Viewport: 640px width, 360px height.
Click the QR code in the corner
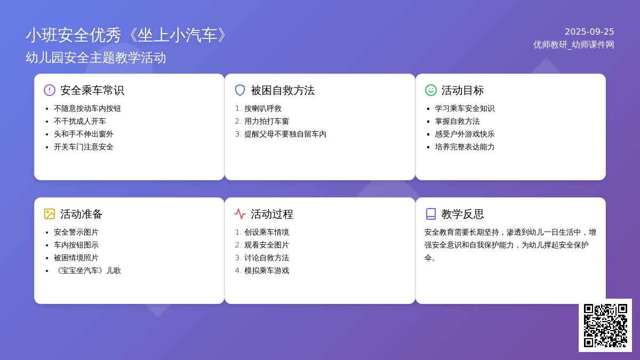tap(605, 325)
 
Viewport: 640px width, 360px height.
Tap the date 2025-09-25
tap(589, 31)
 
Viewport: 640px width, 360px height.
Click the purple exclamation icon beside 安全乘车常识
tap(50, 90)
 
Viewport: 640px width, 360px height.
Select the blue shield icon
tap(240, 90)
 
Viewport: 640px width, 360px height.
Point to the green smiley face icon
tap(430, 90)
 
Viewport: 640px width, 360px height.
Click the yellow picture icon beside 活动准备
tap(50, 214)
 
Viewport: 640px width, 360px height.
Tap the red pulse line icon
tap(240, 214)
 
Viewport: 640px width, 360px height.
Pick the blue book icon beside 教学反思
tap(430, 214)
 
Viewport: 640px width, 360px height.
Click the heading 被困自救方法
tap(283, 90)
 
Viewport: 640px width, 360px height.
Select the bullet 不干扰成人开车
tap(79, 122)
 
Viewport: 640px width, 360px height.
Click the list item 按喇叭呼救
tap(263, 109)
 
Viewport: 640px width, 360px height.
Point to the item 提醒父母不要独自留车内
tap(285, 134)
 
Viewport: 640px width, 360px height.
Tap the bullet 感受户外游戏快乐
tap(465, 134)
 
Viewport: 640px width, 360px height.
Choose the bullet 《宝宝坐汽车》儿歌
tap(87, 270)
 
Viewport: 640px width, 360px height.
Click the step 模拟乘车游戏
tap(267, 270)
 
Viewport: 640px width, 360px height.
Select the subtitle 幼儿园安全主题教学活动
tap(95, 58)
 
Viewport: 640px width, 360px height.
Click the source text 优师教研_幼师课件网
tap(573, 45)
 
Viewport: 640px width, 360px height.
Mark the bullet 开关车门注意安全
tap(83, 147)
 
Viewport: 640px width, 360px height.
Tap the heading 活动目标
tap(462, 90)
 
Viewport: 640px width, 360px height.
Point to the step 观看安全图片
tap(267, 245)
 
